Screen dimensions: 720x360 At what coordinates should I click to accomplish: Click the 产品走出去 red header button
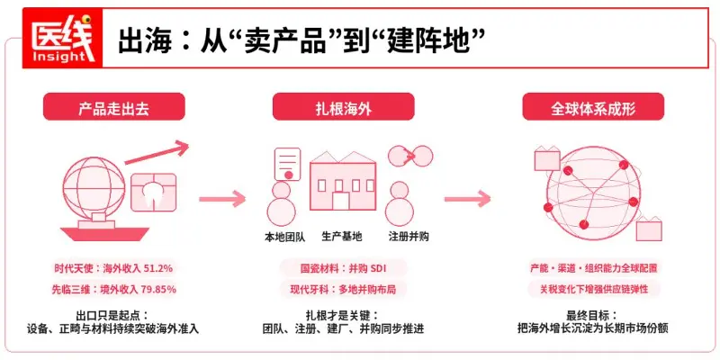114,106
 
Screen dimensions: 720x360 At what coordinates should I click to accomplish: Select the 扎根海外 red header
344,106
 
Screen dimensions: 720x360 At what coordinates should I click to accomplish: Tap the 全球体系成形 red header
593,106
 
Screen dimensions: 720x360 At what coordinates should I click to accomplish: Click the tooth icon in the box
153,192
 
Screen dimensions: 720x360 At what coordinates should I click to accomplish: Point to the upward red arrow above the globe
157,153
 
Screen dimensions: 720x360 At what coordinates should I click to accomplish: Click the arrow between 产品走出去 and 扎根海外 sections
222,199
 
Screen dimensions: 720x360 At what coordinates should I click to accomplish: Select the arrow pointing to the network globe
467,199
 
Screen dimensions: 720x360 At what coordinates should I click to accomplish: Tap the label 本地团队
282,237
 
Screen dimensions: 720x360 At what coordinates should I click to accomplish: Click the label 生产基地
342,237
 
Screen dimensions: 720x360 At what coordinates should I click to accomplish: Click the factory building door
341,201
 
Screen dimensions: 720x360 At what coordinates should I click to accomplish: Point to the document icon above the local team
287,164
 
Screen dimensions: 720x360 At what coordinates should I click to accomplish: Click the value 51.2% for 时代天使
158,268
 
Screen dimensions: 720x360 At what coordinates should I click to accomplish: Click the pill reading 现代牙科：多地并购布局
343,289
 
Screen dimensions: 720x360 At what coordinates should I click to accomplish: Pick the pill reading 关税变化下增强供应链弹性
594,289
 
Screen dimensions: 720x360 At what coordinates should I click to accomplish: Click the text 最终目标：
592,316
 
